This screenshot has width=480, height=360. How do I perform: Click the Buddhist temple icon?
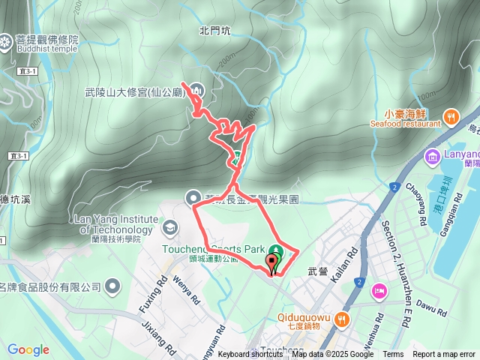point(7,42)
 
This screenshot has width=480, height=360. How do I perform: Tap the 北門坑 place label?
point(214,31)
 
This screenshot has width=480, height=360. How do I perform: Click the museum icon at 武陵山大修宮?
point(196,91)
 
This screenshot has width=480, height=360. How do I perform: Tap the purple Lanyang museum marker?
point(433,157)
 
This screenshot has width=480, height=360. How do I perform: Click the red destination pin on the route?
point(271,263)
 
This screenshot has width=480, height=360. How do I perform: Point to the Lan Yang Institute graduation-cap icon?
point(170,226)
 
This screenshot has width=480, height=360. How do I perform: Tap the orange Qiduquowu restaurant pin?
point(343,319)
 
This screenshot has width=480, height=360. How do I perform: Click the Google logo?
point(28,349)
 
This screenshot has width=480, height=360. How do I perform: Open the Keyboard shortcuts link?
point(250,354)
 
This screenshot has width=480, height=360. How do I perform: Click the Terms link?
point(393,354)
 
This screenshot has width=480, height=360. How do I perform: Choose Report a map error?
point(443,354)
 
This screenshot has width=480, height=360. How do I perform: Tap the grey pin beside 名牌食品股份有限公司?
point(112,285)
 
